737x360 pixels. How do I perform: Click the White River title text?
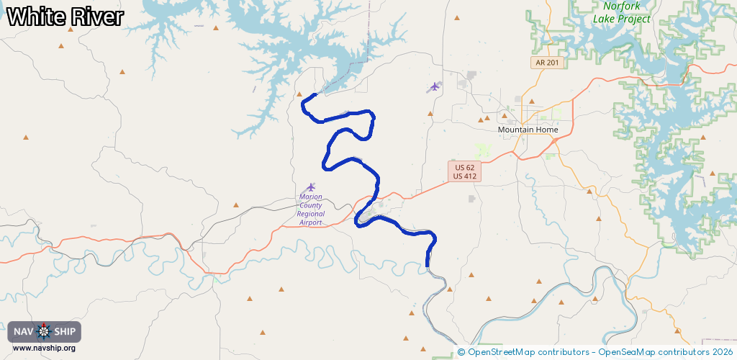(x=65, y=17)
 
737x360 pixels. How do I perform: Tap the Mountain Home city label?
(x=528, y=130)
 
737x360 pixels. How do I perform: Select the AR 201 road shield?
(x=547, y=63)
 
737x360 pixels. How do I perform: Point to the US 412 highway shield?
(x=464, y=176)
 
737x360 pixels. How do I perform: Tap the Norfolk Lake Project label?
(x=621, y=13)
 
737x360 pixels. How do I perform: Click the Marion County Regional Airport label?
(x=311, y=210)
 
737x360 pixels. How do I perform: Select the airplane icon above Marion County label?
(x=311, y=187)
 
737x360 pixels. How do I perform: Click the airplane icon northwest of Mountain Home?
(x=434, y=86)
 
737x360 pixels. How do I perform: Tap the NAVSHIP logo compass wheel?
(x=44, y=332)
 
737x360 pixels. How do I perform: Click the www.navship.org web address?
(x=44, y=348)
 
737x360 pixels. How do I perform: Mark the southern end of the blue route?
(x=428, y=265)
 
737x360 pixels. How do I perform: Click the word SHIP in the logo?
(x=65, y=332)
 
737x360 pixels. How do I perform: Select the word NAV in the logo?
(x=24, y=332)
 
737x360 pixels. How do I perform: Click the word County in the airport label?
(x=311, y=205)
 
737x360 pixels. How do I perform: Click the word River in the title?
(x=96, y=17)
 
